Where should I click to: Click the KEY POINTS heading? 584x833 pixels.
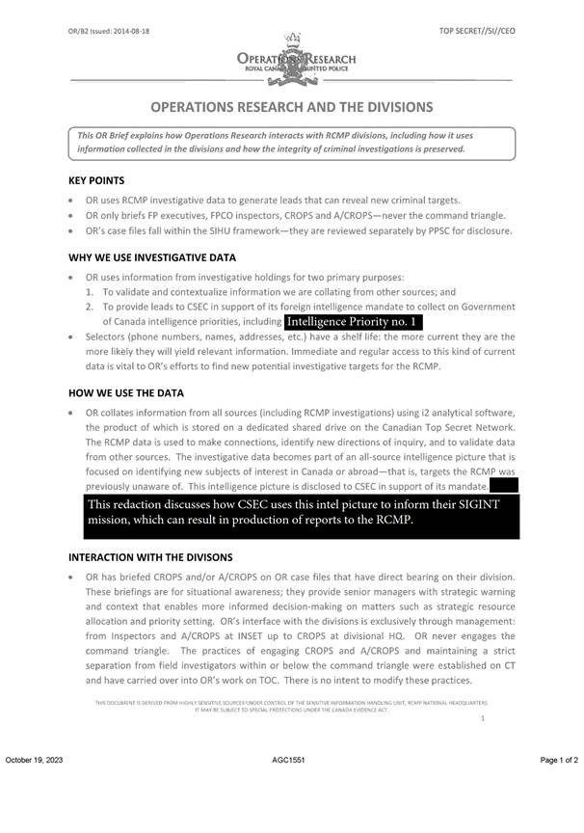coord(96,180)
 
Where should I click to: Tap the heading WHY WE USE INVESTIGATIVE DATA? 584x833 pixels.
coord(152,257)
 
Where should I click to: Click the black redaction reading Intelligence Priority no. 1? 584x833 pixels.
coord(355,320)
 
